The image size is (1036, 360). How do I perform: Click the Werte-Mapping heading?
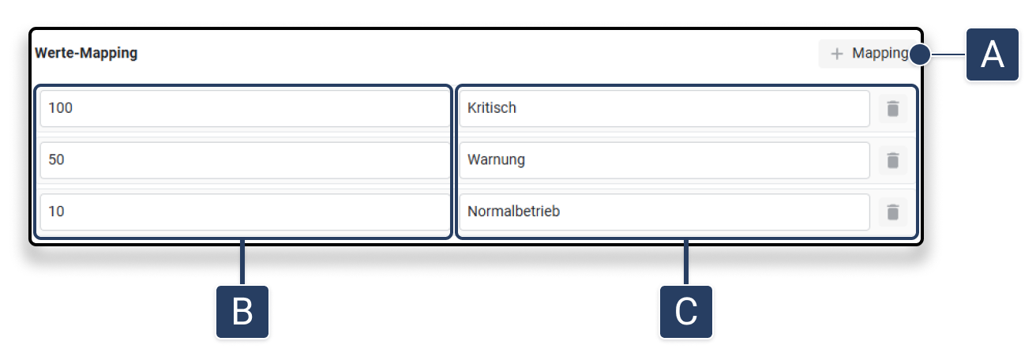click(x=86, y=54)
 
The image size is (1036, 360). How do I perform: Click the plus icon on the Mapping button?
click(x=837, y=54)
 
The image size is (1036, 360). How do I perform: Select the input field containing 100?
click(x=245, y=108)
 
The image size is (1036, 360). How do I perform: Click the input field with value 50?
click(x=245, y=159)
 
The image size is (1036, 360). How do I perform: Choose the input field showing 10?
click(x=245, y=212)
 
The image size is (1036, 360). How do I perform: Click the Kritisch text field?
click(x=663, y=108)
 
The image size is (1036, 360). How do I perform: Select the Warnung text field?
click(x=663, y=159)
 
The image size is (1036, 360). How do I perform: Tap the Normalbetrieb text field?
click(x=663, y=212)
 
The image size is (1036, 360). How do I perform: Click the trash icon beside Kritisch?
click(x=892, y=108)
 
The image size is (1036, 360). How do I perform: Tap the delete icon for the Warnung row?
click(x=892, y=160)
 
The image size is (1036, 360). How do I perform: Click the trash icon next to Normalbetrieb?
click(x=892, y=212)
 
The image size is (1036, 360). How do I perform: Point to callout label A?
click(x=992, y=54)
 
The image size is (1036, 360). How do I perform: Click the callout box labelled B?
click(x=242, y=312)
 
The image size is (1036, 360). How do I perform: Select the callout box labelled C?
click(x=686, y=312)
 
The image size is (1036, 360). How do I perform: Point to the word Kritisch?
click(x=492, y=108)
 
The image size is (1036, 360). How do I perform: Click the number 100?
click(x=61, y=108)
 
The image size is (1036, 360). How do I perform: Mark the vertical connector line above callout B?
click(x=242, y=263)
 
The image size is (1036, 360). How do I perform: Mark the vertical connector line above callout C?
click(x=686, y=263)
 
